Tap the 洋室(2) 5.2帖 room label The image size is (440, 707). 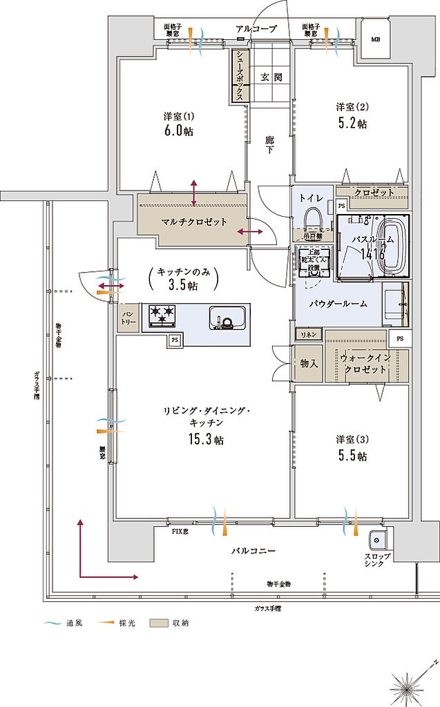pyautogui.click(x=352, y=115)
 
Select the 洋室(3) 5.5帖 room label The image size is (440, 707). pyautogui.click(x=352, y=448)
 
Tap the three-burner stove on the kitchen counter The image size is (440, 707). pyautogui.click(x=160, y=316)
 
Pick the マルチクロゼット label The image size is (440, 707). pyautogui.click(x=184, y=222)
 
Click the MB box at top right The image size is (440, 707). pyautogui.click(x=375, y=39)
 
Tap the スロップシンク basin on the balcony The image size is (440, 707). pyautogui.click(x=377, y=539)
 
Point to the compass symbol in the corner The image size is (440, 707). pyautogui.click(x=406, y=686)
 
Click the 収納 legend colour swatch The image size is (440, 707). pyautogui.click(x=160, y=623)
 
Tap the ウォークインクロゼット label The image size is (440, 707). pyautogui.click(x=365, y=364)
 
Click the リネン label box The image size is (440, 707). pyautogui.click(x=308, y=335)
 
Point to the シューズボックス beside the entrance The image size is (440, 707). pyautogui.click(x=240, y=76)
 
